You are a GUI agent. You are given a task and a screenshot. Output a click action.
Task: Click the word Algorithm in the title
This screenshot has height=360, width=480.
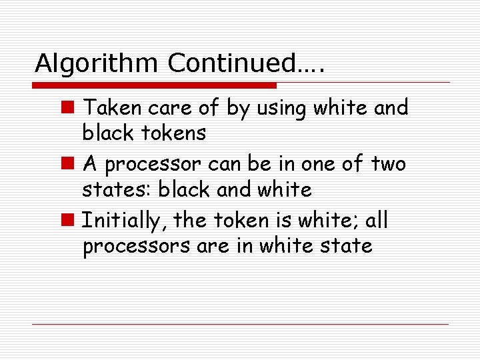tap(97, 63)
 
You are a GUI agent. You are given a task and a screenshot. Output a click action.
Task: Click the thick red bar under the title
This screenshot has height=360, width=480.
tap(155, 86)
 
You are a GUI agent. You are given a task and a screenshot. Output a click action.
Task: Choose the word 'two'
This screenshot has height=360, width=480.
tap(388, 164)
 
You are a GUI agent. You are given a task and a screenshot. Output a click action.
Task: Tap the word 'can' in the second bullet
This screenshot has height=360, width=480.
tap(232, 164)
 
